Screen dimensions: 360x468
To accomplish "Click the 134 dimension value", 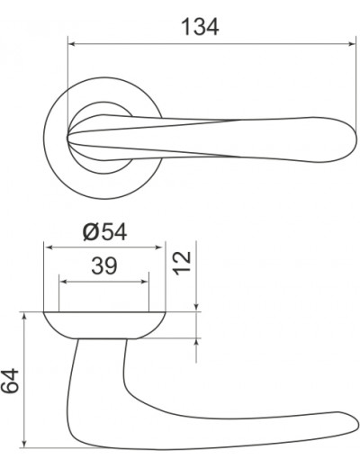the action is tap(200, 27).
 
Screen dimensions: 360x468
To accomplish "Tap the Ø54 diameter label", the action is tap(104, 232).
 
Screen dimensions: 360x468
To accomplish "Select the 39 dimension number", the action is tap(103, 265).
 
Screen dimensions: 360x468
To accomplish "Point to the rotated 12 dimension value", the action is tap(183, 263).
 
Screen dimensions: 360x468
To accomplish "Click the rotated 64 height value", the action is tap(10, 381).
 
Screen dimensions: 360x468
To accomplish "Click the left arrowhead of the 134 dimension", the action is tap(72, 44).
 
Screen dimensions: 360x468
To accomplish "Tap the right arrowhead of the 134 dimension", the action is tap(352, 44).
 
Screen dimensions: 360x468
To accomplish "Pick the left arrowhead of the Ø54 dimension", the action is tap(48, 247).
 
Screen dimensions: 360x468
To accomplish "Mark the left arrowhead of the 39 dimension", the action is tap(63, 282).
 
